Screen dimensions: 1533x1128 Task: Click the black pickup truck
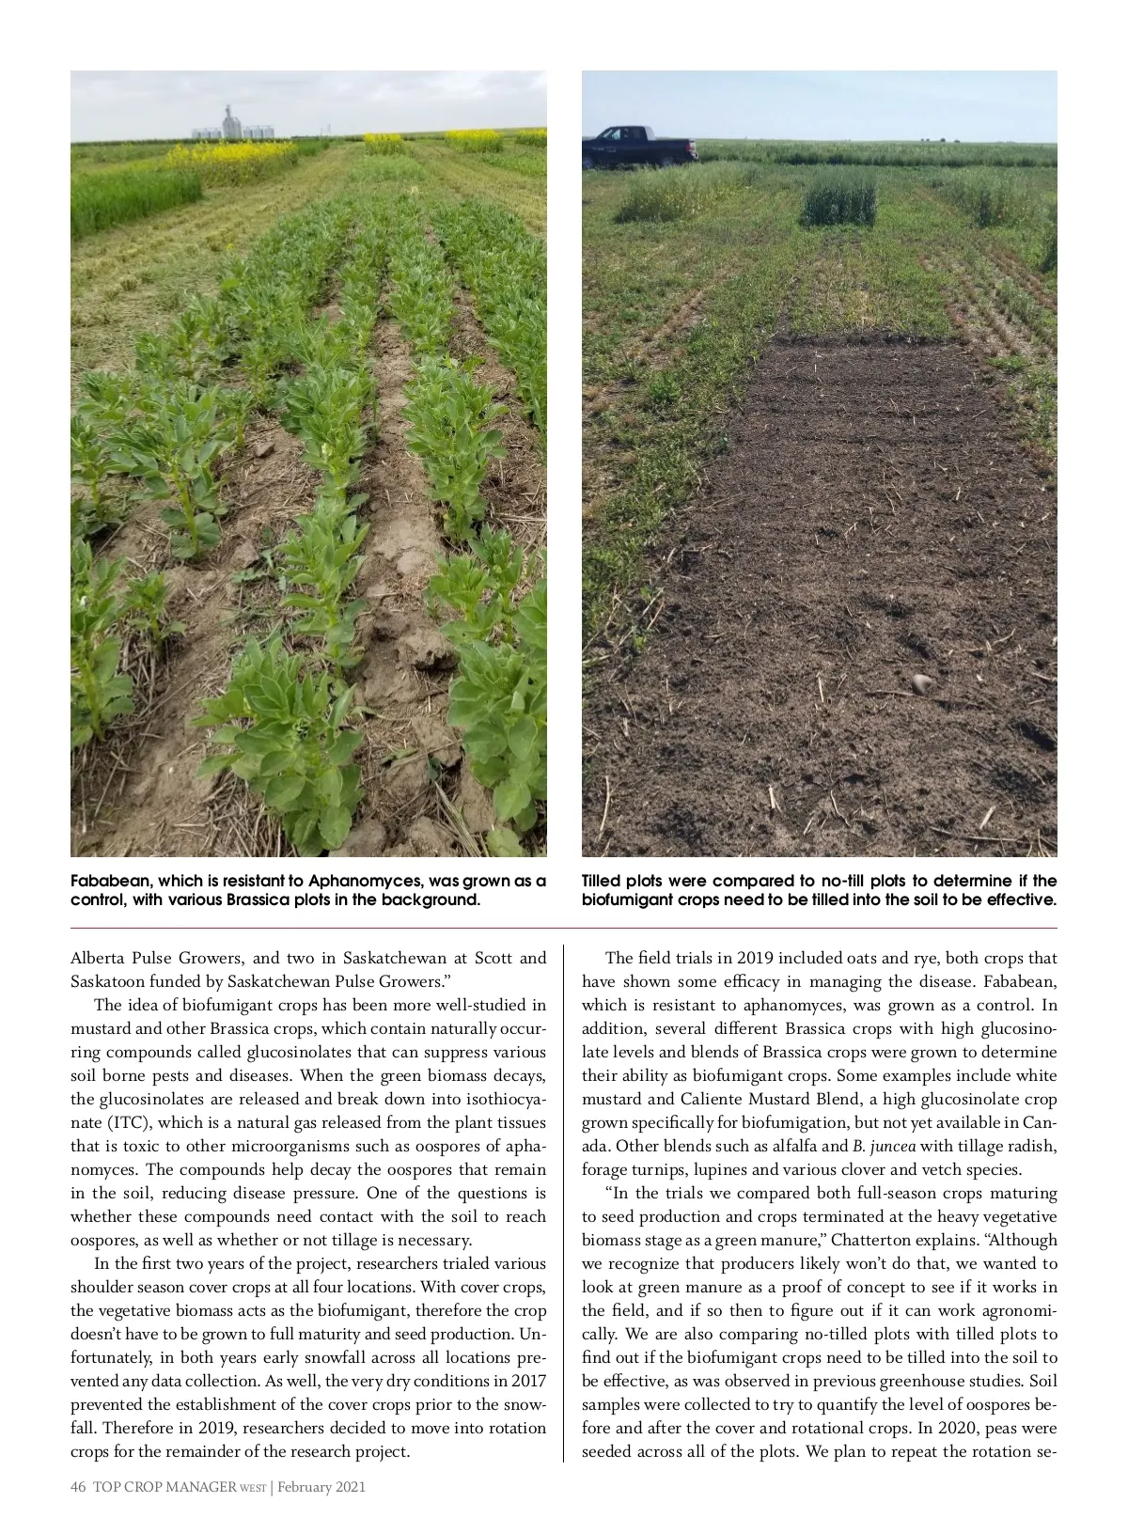click(x=638, y=147)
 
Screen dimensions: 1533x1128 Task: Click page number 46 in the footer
click(x=78, y=1487)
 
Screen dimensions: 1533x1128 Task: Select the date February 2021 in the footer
click(x=321, y=1487)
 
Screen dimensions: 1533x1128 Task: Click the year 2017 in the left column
click(x=526, y=1381)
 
